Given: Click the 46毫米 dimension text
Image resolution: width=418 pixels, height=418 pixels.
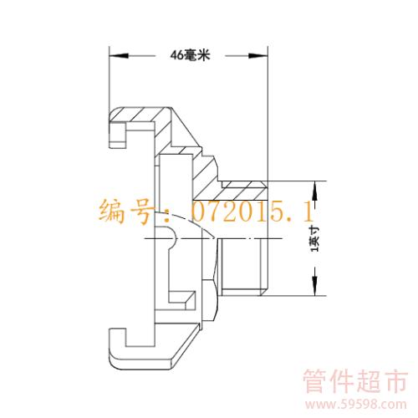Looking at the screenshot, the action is (x=190, y=55).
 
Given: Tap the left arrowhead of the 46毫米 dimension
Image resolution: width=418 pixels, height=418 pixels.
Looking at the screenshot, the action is (x=119, y=56).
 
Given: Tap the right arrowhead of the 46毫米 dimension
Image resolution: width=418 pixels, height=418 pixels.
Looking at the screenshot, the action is (x=257, y=56).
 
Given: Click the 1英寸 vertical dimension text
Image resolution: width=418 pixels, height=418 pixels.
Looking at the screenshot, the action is (x=315, y=239).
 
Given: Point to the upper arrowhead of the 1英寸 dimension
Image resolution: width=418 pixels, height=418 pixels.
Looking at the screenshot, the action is (x=315, y=191).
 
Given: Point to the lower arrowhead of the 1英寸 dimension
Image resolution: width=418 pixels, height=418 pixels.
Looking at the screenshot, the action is (x=315, y=286).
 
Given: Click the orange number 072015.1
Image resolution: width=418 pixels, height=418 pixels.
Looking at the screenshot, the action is (x=252, y=212).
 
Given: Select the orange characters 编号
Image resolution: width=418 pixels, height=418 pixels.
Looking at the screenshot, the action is (x=127, y=212).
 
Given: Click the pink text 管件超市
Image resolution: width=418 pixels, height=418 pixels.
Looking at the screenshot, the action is (x=355, y=381).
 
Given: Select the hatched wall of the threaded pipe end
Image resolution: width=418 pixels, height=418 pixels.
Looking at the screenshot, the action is (x=242, y=191).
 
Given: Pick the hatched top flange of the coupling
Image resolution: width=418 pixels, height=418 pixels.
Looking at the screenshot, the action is (x=140, y=115).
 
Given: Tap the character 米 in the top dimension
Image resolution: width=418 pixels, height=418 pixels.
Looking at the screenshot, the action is (x=203, y=55).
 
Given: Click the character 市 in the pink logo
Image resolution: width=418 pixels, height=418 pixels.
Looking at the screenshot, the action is (x=395, y=381).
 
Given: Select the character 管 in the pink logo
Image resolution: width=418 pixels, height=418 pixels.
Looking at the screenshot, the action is (x=316, y=381).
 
